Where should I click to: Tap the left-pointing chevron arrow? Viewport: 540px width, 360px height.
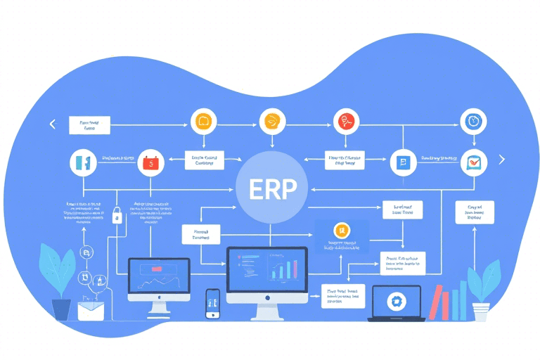[52, 124]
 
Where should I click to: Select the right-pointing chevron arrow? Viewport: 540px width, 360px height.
[501, 160]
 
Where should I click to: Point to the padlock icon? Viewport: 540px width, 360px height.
[117, 216]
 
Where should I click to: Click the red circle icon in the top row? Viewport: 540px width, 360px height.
[345, 121]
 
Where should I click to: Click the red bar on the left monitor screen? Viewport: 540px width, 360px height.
[153, 269]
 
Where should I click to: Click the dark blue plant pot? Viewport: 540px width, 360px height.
[61, 308]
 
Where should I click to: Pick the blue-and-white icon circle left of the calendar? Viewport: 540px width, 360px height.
[83, 162]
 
